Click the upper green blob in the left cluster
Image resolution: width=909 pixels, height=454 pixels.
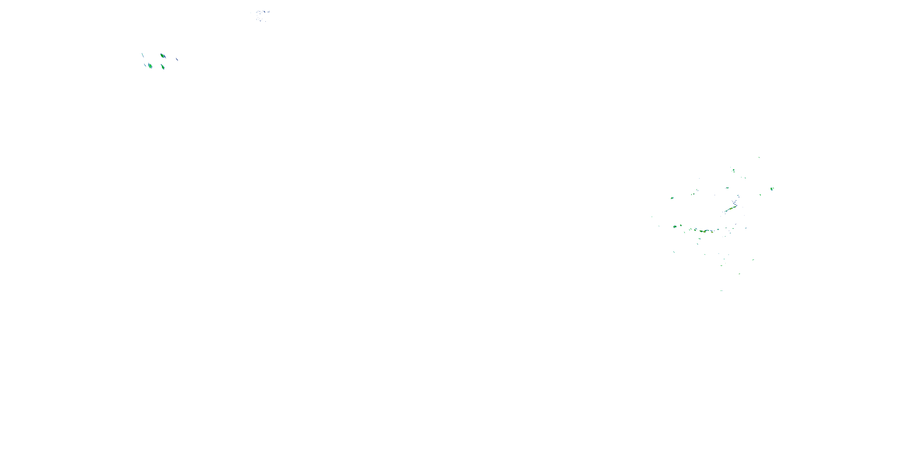coord(162,55)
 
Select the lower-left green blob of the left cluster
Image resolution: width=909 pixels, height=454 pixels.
coord(150,66)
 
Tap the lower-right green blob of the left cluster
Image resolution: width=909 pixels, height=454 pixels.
coord(163,67)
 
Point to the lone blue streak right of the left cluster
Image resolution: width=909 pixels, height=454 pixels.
coord(177,59)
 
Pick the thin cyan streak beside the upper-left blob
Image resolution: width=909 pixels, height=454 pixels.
coord(142,55)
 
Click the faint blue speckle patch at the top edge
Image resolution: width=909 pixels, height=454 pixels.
coord(260,15)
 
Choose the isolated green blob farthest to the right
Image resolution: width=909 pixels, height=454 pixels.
coord(772,189)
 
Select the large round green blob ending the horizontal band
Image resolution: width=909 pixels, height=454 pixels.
coord(675,227)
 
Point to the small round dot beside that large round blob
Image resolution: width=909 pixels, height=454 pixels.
coord(681,225)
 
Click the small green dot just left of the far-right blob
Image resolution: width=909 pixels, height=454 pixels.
coord(760,195)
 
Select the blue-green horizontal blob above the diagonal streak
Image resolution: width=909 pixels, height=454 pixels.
coord(727,188)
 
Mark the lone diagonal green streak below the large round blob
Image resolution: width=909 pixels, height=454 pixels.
coord(674,252)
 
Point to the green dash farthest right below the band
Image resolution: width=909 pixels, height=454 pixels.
coord(753,260)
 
